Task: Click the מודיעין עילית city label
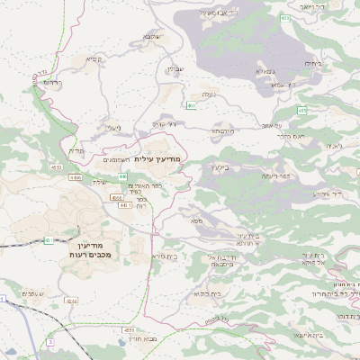pyautogui.click(x=161, y=158)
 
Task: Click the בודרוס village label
pyautogui.click(x=52, y=82)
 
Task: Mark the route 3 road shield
pyautogui.click(x=51, y=342)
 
